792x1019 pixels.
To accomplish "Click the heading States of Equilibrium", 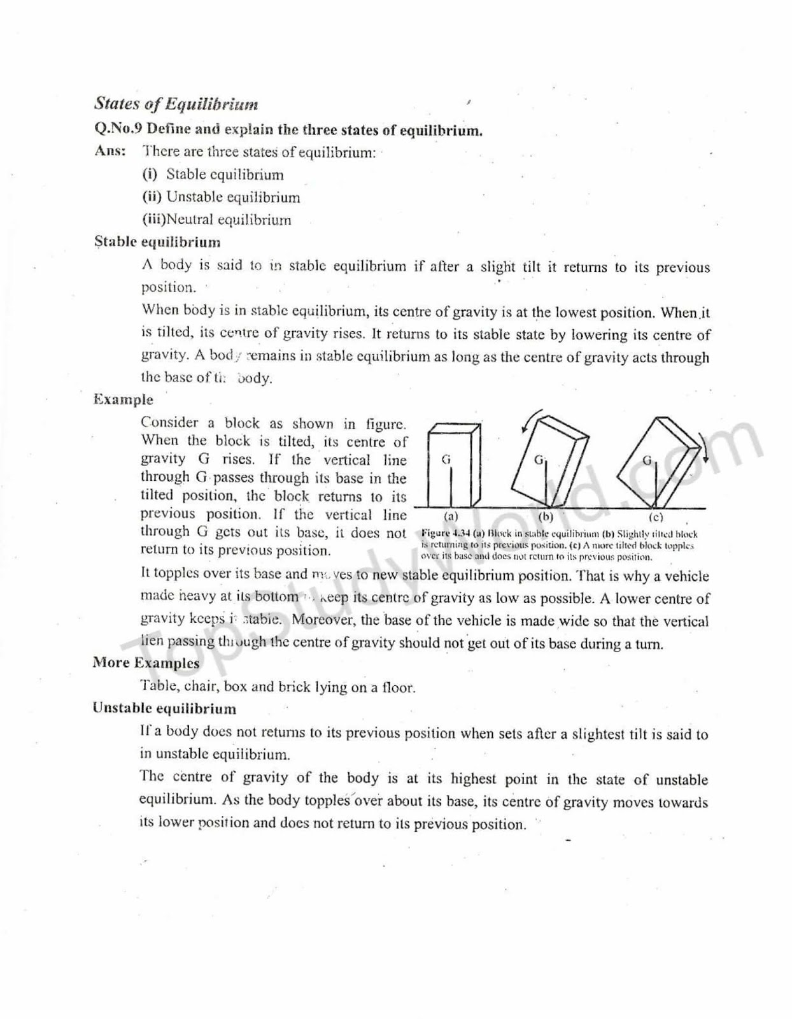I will coord(176,104).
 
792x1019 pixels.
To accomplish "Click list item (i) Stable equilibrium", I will coord(213,175).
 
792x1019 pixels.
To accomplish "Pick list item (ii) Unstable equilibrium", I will coord(220,197).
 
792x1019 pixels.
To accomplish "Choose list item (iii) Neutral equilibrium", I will coord(216,220).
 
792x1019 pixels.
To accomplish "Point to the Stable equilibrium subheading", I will coord(157,242).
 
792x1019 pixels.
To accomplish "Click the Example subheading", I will coord(123,399).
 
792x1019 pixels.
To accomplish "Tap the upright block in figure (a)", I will coord(453,466).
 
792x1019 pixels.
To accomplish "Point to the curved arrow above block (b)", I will coord(529,420).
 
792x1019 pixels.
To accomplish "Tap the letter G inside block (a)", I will coord(446,459).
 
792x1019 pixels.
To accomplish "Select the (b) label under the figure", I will coord(546,517).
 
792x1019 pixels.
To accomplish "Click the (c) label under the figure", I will coord(656,517).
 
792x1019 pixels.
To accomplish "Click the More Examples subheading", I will coord(146,663).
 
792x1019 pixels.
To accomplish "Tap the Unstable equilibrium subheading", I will coord(164,708).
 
